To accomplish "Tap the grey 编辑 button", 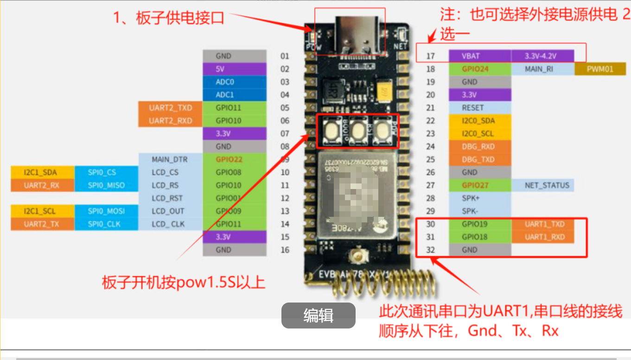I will (318, 316).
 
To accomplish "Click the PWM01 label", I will (600, 69).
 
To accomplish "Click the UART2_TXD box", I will (170, 108).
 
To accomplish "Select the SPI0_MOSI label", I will (106, 211).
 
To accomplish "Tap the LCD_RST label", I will (170, 198).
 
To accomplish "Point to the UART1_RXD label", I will (542, 237).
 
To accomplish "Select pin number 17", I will (431, 56).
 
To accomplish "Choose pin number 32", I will (431, 250).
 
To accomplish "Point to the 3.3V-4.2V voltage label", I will (542, 56).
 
